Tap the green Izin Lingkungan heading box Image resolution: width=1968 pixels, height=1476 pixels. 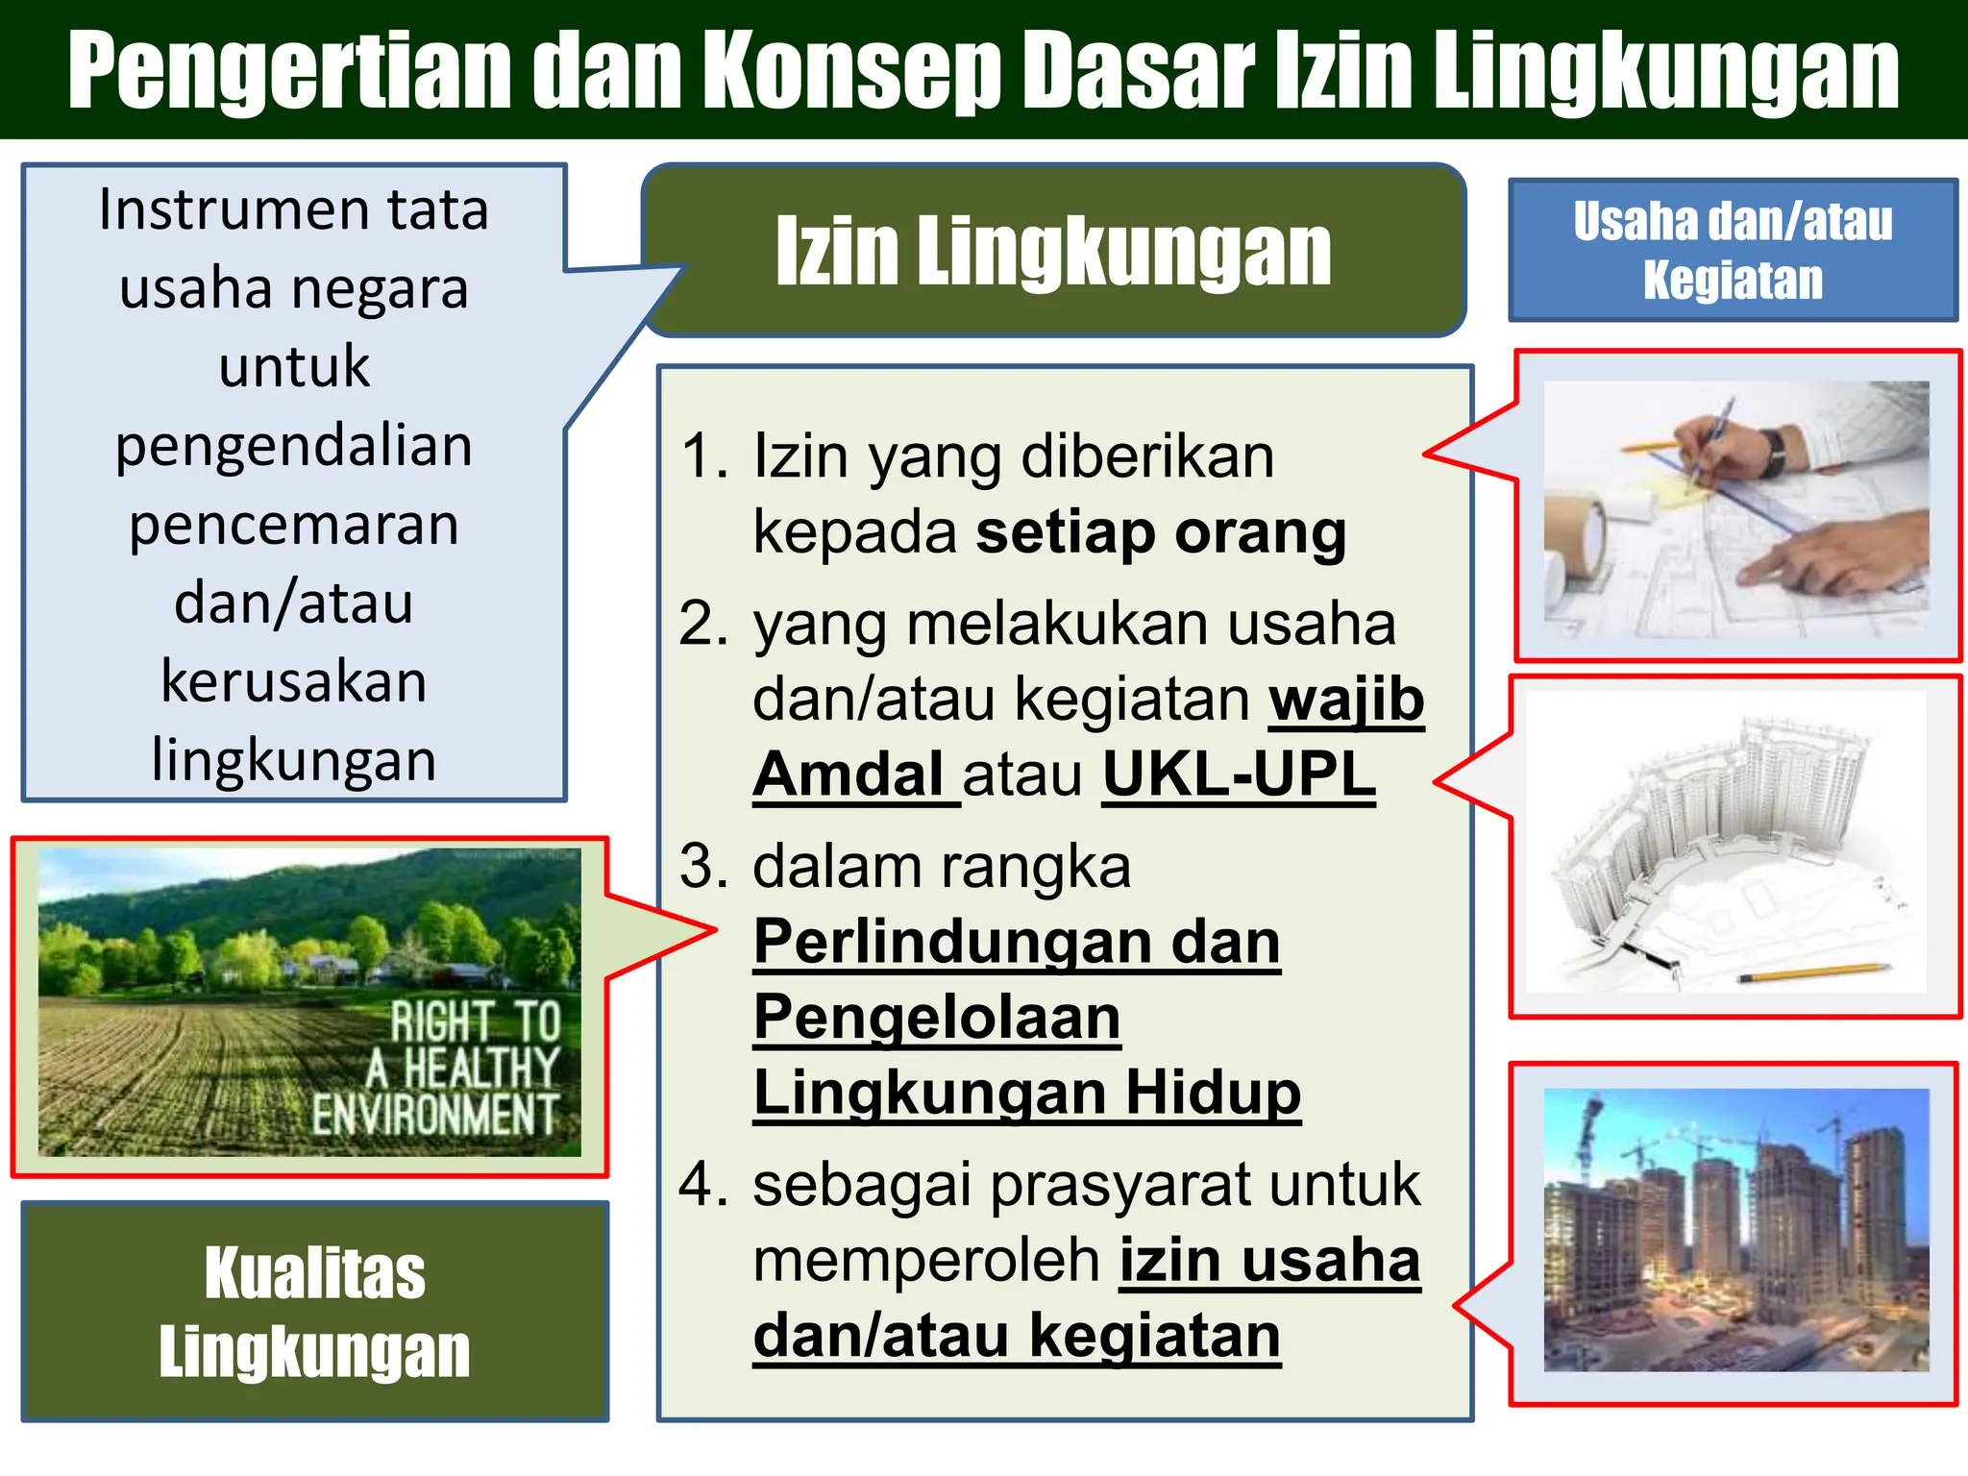(x=1053, y=250)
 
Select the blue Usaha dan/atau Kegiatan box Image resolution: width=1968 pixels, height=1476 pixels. (x=1733, y=250)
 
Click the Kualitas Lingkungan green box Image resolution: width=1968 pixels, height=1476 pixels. (x=314, y=1312)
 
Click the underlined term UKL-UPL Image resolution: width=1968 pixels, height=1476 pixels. (x=1239, y=775)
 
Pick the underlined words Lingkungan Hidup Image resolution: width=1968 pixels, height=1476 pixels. (x=1026, y=1093)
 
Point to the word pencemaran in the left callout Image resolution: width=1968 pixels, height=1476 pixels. (x=294, y=526)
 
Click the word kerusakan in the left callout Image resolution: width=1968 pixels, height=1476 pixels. (x=294, y=682)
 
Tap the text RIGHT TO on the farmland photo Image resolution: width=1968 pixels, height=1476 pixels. (x=476, y=1021)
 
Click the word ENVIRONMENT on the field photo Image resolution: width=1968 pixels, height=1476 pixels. (x=434, y=1115)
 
